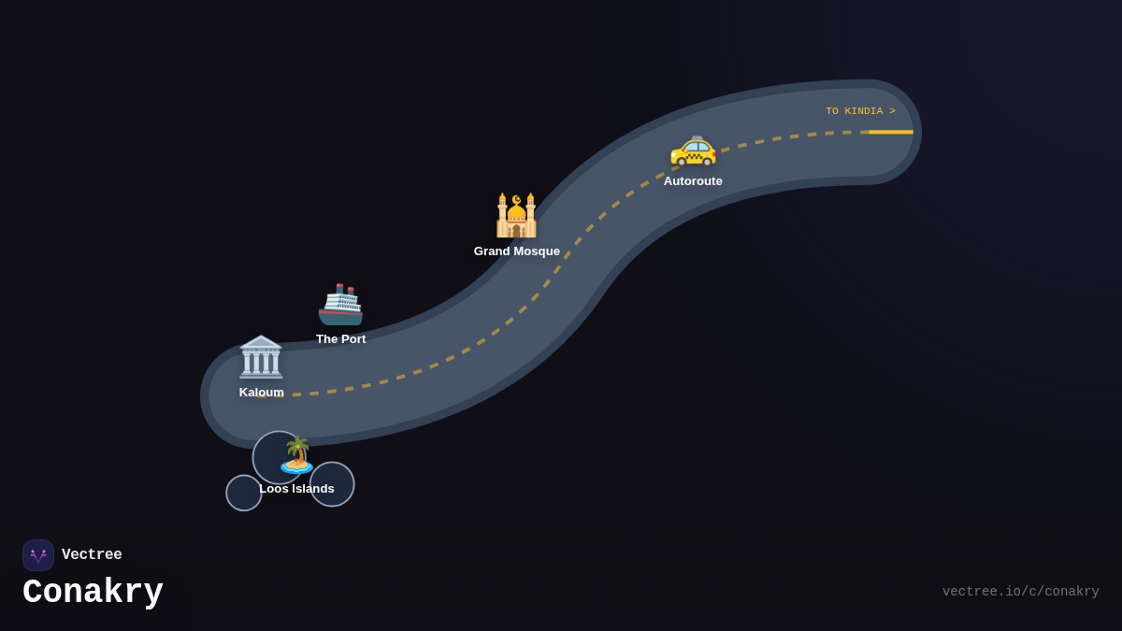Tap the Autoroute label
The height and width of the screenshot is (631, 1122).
pos(693,181)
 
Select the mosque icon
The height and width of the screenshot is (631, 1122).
pos(516,216)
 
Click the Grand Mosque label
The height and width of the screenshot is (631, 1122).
pos(516,251)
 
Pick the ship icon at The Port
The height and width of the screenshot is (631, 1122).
pos(340,305)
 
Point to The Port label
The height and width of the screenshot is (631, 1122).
pos(340,339)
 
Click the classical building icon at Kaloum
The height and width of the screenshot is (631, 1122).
pos(261,356)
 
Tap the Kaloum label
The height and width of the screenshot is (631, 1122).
pos(261,393)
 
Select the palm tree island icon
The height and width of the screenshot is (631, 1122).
pos(297,455)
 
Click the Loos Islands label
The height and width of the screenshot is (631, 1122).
pos(296,489)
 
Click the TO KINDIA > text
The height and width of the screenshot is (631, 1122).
pos(860,111)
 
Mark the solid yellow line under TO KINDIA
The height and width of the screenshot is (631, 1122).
pos(891,132)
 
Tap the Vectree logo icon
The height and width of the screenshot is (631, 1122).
pos(38,555)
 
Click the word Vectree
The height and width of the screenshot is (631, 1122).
pos(92,555)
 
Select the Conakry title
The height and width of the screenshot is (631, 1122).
pos(93,593)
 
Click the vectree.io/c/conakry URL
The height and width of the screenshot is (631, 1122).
pos(1020,592)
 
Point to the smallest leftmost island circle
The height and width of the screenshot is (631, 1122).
pos(243,494)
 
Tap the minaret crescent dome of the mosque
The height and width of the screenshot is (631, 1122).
pos(516,203)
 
